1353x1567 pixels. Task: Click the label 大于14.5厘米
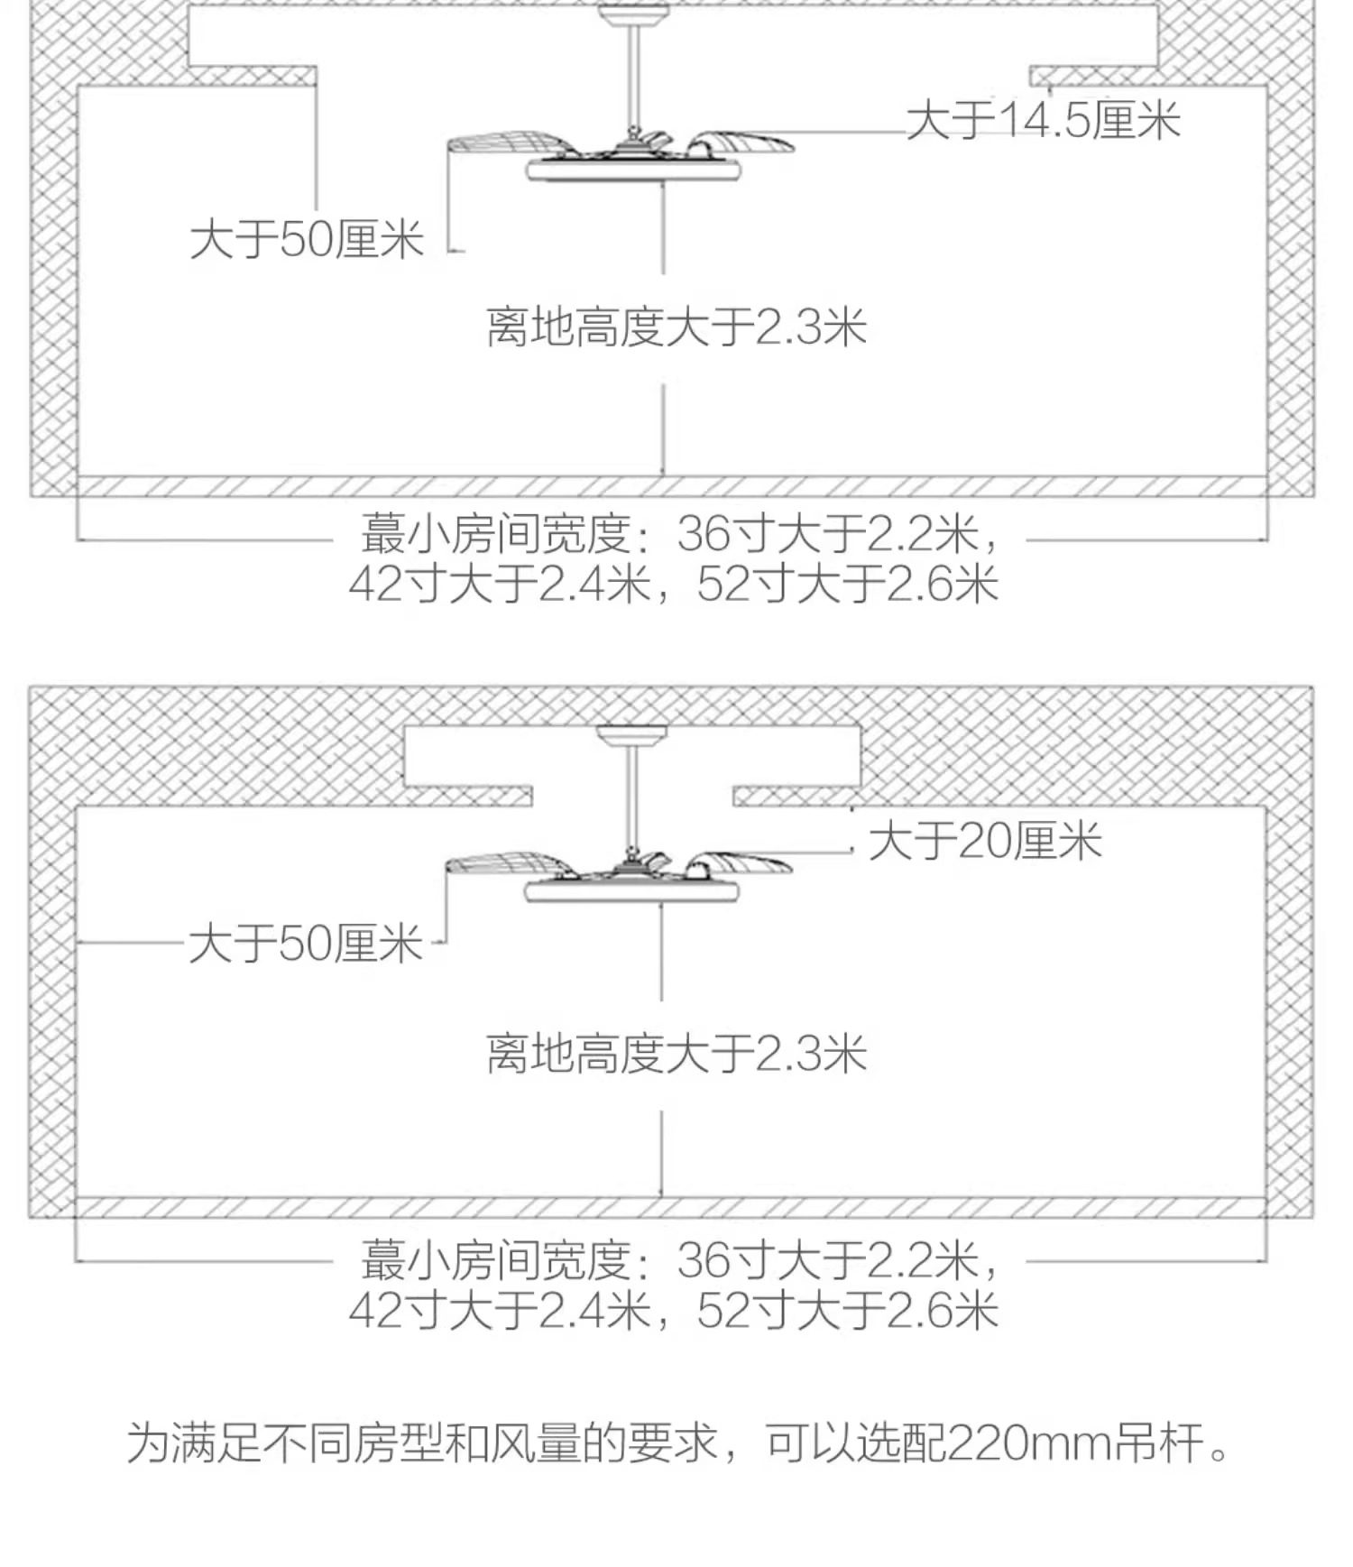(x=1043, y=121)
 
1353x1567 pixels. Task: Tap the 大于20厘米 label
(x=985, y=842)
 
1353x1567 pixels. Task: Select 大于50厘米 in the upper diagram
(x=307, y=240)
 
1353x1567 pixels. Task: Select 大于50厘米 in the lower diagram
(x=306, y=945)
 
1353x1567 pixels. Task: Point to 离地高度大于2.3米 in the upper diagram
(x=676, y=327)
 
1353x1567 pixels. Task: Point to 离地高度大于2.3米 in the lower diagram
(x=676, y=1054)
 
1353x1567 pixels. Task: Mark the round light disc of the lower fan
(x=633, y=892)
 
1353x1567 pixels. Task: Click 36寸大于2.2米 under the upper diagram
(x=828, y=534)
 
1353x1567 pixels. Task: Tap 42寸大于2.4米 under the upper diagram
(x=500, y=584)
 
